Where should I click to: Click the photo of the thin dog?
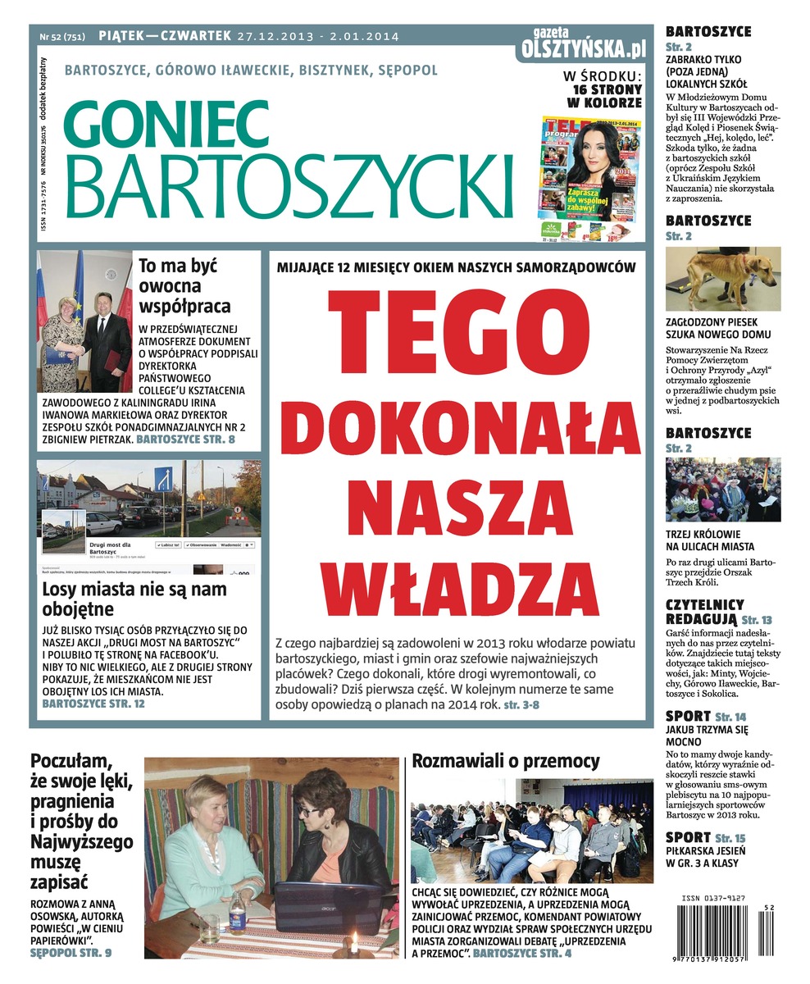[722, 279]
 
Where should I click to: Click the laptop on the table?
[328, 906]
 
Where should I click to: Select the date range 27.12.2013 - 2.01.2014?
[318, 36]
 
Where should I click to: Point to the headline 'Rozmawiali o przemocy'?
[505, 761]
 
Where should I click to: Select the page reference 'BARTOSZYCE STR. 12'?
[93, 704]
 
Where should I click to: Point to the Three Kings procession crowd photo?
[722, 490]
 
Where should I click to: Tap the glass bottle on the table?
[237, 913]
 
